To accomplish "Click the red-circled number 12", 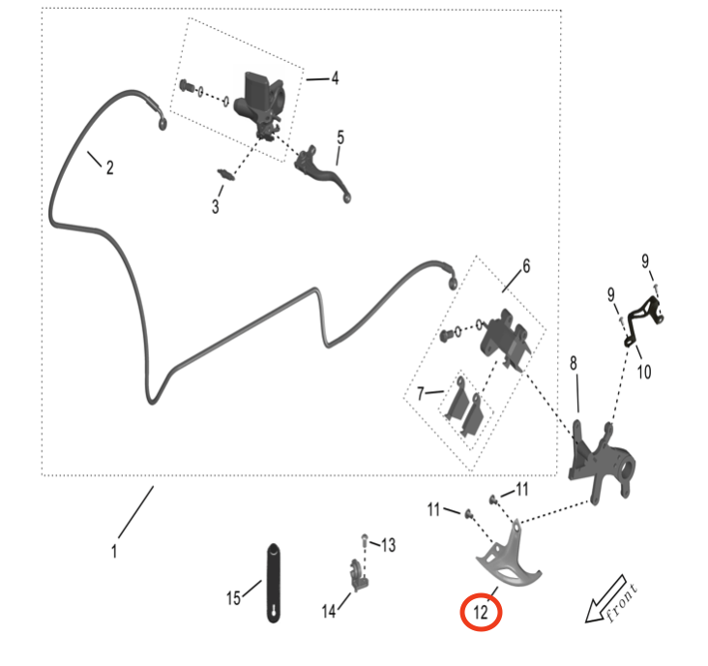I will (x=481, y=612).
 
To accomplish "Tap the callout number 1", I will (x=114, y=552).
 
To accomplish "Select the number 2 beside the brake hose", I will (x=109, y=167).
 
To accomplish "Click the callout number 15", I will (x=233, y=598).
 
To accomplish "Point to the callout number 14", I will (x=329, y=611).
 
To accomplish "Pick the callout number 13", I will (x=388, y=546).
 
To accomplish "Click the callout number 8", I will (x=574, y=363).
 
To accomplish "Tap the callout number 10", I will (x=644, y=371).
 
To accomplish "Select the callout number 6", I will (x=526, y=264).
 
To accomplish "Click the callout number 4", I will (x=335, y=78).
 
